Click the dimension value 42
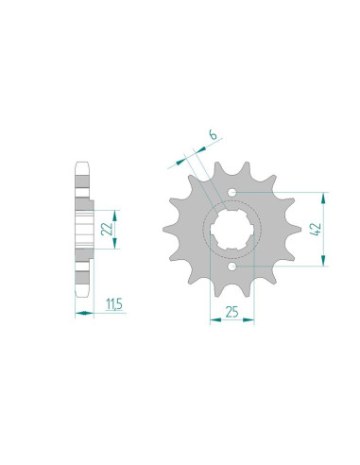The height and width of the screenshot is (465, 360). (x=316, y=229)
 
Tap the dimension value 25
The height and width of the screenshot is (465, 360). (x=231, y=312)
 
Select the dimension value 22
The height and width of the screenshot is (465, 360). (x=107, y=229)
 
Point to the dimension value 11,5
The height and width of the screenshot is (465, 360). (x=114, y=304)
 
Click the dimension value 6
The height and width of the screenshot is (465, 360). (x=213, y=135)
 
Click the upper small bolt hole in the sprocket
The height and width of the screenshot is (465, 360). (x=232, y=192)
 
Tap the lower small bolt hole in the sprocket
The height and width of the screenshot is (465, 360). (x=232, y=267)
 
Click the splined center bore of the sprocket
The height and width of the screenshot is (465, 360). (x=231, y=230)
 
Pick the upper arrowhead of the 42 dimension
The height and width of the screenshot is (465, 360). (x=323, y=199)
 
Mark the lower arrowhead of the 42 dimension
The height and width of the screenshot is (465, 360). (x=323, y=259)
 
